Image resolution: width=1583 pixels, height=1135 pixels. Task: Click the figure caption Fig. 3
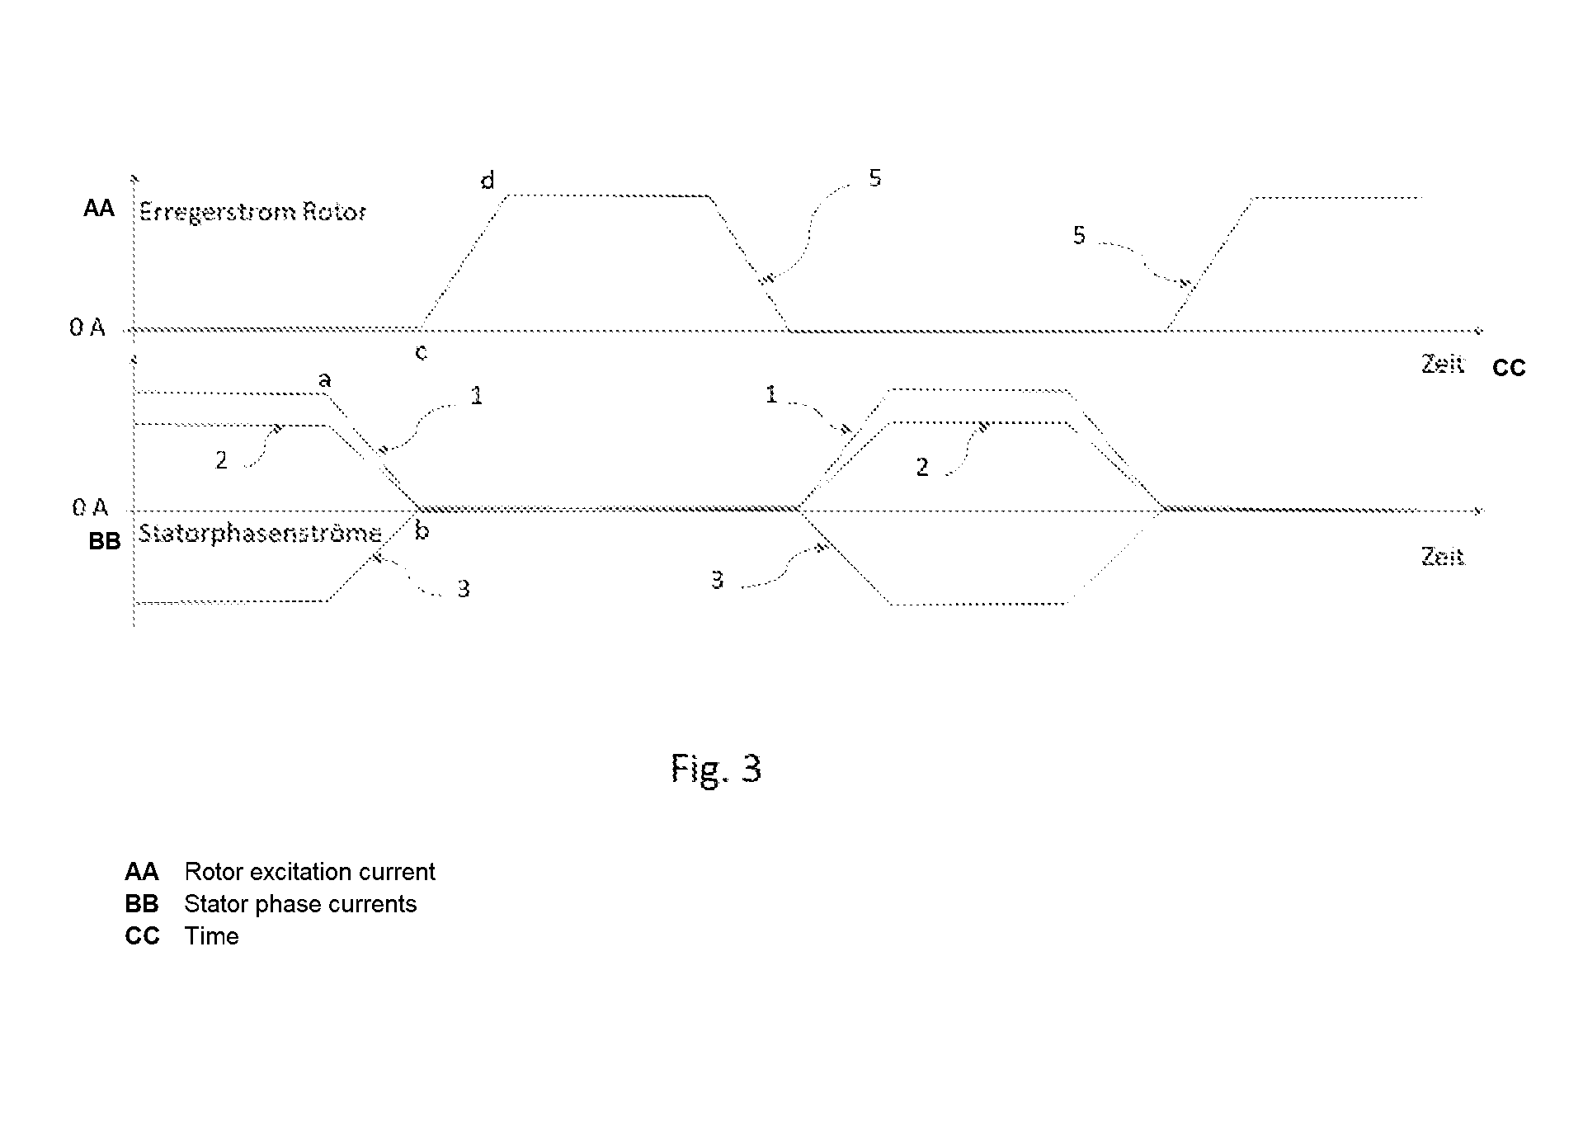pos(716,770)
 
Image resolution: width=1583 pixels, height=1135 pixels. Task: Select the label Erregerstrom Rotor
pos(252,213)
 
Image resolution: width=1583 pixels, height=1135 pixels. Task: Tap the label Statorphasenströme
pos(260,534)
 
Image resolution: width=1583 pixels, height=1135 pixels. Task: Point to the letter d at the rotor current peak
pos(488,180)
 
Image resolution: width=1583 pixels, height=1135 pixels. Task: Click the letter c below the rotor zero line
pos(421,353)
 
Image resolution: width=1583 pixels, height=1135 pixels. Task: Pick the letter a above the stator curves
pos(325,379)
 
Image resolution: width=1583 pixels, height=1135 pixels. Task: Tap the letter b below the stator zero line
pos(422,531)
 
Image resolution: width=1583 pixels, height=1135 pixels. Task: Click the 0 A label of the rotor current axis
pos(87,327)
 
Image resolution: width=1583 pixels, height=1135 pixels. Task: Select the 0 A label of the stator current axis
pos(89,507)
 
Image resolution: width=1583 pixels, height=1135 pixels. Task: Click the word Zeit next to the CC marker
pos(1443,364)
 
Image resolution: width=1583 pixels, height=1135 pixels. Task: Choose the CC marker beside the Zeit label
pos(1509,368)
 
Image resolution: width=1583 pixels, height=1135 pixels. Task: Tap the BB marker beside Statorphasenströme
pos(105,541)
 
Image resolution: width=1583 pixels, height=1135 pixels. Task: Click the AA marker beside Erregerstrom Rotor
pos(99,208)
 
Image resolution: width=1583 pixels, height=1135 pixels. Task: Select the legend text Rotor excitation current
pos(309,872)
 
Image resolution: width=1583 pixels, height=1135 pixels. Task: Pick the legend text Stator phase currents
pos(300,904)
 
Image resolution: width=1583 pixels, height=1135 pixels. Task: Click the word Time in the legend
pos(211,936)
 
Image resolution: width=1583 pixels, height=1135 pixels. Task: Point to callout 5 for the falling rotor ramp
pos(875,177)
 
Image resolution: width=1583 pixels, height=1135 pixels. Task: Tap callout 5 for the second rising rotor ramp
pos(1079,236)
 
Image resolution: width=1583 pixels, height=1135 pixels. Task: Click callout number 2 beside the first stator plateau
pos(221,460)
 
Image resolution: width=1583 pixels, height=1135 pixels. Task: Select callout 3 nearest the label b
pos(464,589)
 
